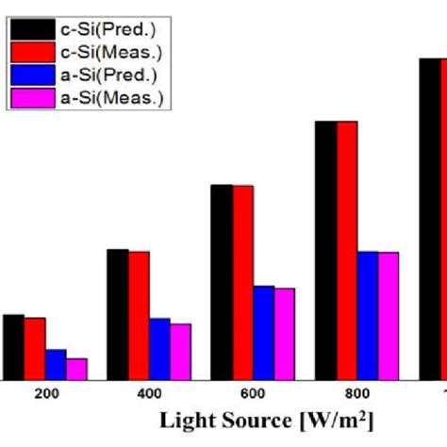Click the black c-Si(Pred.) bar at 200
(x=13, y=347)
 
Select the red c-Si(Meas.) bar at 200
(x=35, y=349)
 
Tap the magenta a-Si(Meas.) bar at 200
(x=76, y=369)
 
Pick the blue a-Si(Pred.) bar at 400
(x=159, y=349)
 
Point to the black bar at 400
(x=118, y=314)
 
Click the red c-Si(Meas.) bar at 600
(x=242, y=282)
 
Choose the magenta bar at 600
(x=284, y=334)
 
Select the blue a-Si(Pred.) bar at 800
(x=367, y=315)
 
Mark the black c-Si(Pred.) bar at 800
(x=325, y=250)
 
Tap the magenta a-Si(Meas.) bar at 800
(x=388, y=316)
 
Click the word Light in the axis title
(x=185, y=419)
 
